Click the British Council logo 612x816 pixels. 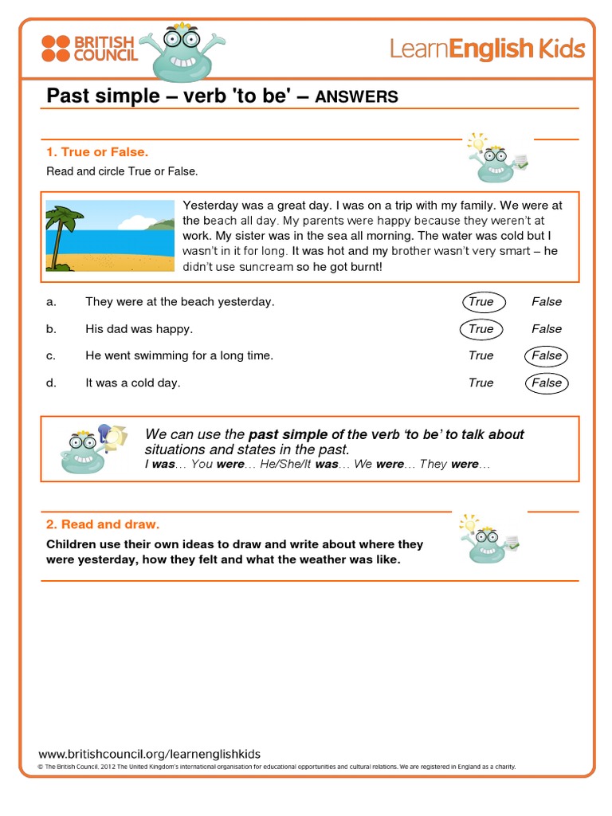[x=89, y=48]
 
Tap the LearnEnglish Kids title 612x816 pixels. [x=487, y=49]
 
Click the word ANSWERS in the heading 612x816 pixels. [x=356, y=97]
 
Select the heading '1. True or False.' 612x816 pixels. [x=97, y=151]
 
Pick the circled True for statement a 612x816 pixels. [x=481, y=302]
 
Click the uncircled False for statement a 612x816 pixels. [x=547, y=302]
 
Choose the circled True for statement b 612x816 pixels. [x=481, y=329]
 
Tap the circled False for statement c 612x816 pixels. [x=547, y=356]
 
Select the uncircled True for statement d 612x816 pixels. [x=481, y=383]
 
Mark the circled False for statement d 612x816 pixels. [x=547, y=383]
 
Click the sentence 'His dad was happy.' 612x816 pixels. [x=139, y=329]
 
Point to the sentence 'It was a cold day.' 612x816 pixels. [x=132, y=383]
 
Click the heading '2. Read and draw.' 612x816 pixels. [x=103, y=524]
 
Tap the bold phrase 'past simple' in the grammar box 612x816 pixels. [x=288, y=434]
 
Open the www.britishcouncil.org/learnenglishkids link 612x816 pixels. [x=149, y=754]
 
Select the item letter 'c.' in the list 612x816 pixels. [x=51, y=356]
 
